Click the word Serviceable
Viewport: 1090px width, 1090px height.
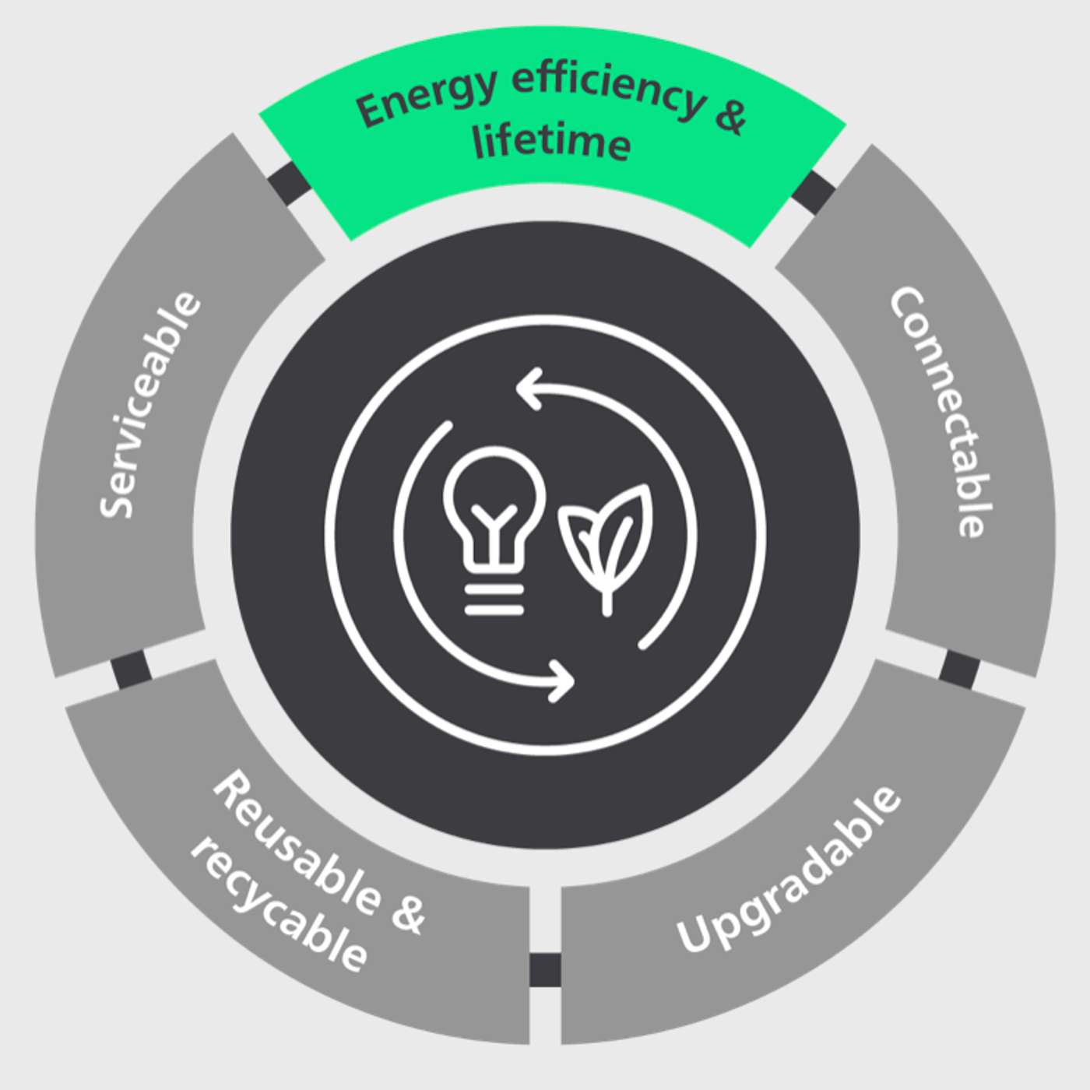[150, 405]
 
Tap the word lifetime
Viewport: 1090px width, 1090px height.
[552, 144]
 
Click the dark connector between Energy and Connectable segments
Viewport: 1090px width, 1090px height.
[814, 192]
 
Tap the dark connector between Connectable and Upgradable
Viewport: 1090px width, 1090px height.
[960, 670]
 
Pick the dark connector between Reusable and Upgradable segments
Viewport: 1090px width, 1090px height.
[545, 969]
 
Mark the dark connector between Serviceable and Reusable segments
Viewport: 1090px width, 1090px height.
[130, 670]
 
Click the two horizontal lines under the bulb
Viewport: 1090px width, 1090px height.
[494, 600]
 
